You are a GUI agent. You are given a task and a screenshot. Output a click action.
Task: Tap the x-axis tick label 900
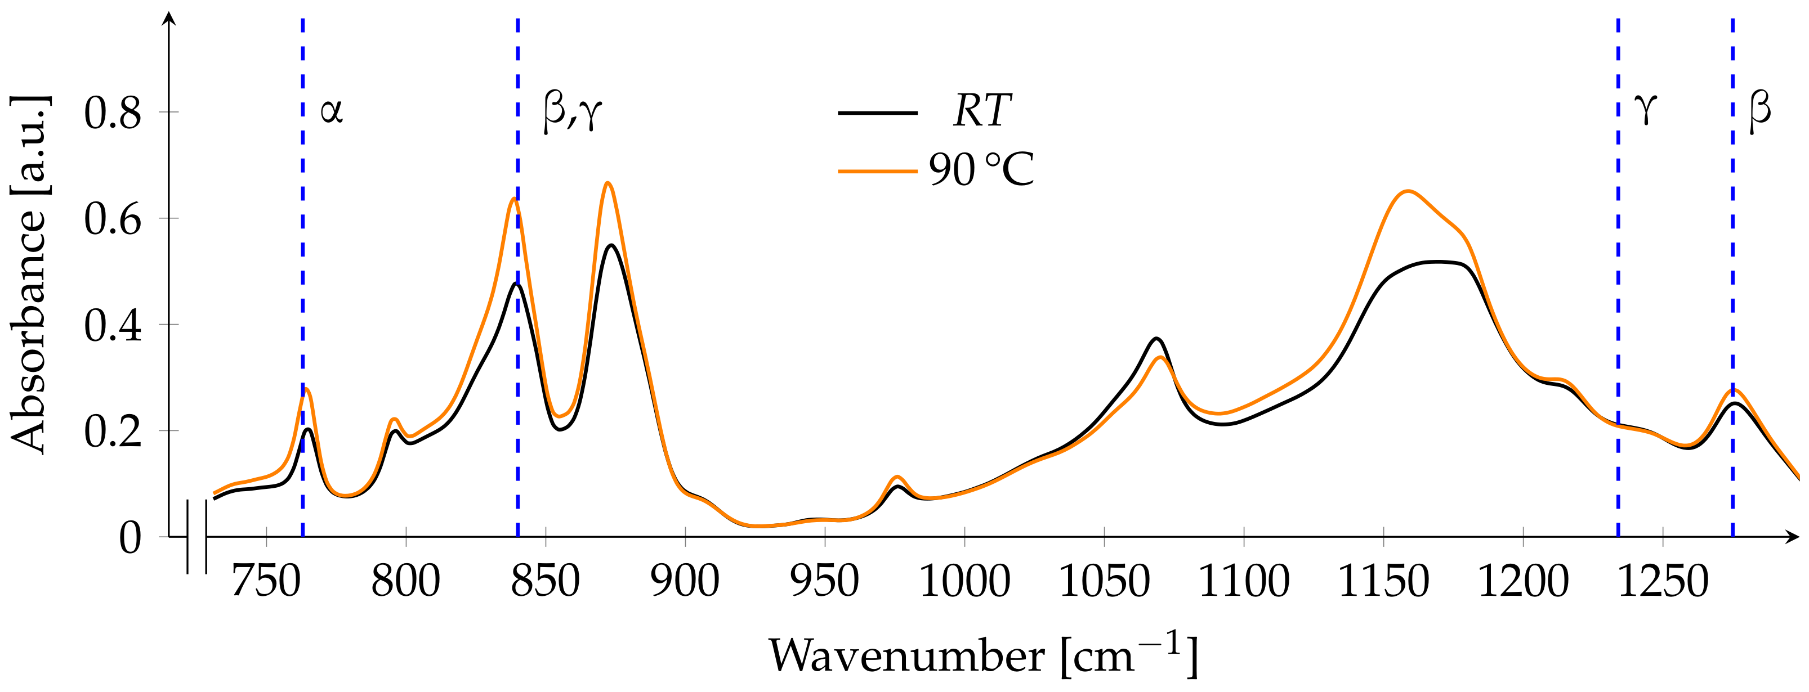pos(685,581)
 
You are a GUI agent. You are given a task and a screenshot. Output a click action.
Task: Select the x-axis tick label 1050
pos(1104,581)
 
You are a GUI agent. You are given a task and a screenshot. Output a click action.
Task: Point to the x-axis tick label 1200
pos(1523,581)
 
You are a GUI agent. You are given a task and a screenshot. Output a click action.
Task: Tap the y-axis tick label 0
pos(130,538)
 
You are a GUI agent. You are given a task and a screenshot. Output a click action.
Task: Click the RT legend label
pos(982,111)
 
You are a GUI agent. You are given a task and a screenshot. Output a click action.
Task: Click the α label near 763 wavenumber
pos(332,111)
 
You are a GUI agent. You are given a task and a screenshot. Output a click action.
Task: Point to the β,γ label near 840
pos(573,113)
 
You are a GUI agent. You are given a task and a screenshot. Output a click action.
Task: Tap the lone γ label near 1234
pos(1645,109)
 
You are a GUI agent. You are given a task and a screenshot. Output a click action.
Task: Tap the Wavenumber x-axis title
pos(983,655)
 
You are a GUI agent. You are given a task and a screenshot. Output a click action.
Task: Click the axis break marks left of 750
pos(196,537)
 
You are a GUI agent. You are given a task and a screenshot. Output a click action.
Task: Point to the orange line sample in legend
pos(878,170)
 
